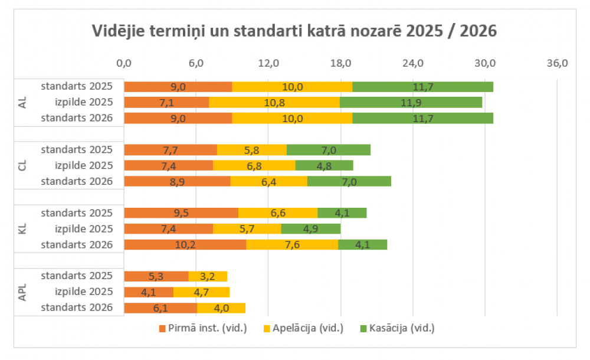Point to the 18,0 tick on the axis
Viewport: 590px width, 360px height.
pos(340,63)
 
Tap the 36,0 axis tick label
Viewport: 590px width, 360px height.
pos(557,63)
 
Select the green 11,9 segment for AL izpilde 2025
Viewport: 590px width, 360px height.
pos(411,102)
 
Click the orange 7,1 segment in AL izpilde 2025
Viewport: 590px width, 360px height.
pos(166,102)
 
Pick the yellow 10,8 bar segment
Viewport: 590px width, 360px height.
pos(274,102)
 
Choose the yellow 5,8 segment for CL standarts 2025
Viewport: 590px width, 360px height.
pos(252,150)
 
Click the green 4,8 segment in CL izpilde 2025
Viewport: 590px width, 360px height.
pos(324,165)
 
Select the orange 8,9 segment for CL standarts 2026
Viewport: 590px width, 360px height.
pos(177,181)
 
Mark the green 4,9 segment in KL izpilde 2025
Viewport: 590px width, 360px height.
pos(311,229)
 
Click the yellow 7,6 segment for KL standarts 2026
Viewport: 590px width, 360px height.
pos(292,244)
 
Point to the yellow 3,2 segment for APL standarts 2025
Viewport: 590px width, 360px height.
pos(208,276)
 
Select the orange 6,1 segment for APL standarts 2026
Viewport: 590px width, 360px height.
pos(160,308)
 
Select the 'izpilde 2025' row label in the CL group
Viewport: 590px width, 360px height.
pos(83,165)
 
